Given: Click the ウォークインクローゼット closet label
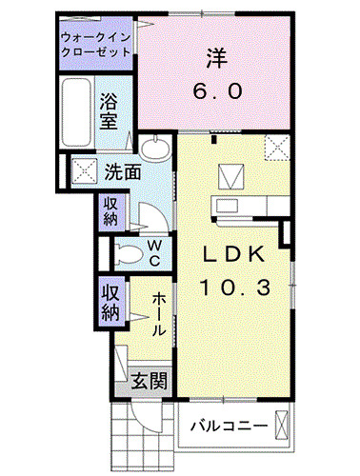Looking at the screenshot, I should click(95, 44).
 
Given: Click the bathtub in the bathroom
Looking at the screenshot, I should click(77, 112).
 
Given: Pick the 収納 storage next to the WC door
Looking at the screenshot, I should click(110, 210).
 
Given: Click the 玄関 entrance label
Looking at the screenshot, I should click(150, 381).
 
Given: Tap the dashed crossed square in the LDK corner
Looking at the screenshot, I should click(276, 148).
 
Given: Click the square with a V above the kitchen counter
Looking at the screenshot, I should click(230, 176).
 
